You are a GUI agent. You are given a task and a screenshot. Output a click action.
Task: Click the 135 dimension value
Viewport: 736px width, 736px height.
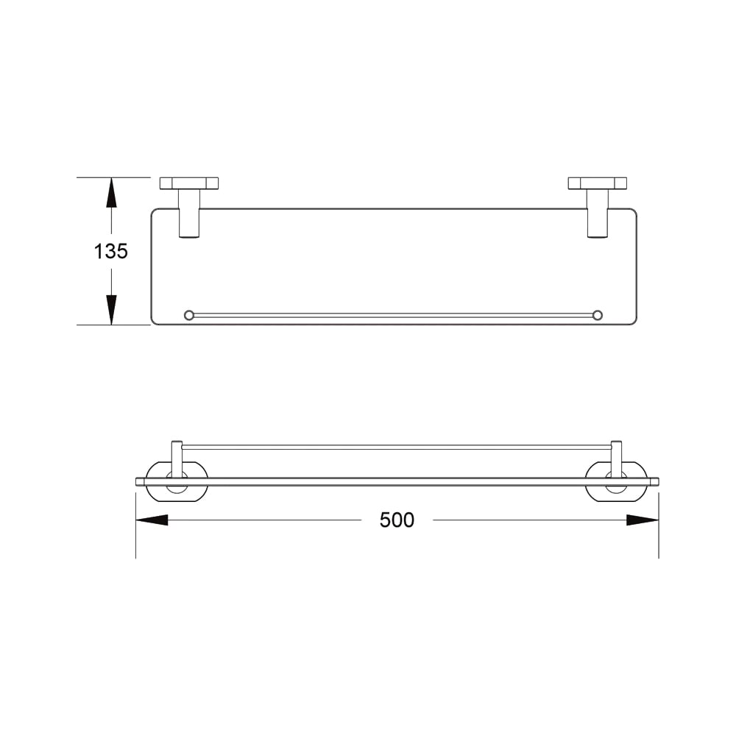click(111, 251)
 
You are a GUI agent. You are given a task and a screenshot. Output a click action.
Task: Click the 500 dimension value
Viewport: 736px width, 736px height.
click(397, 520)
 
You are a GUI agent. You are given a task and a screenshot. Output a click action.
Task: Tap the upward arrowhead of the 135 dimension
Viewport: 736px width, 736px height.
click(111, 192)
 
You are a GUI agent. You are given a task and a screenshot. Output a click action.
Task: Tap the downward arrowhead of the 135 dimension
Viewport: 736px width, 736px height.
click(111, 310)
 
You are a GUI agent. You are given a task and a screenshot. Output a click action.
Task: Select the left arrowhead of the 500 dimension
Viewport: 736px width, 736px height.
click(152, 520)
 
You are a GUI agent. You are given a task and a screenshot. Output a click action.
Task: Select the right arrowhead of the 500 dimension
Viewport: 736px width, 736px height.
click(643, 520)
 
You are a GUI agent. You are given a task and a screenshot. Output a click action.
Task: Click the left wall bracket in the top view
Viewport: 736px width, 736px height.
click(188, 183)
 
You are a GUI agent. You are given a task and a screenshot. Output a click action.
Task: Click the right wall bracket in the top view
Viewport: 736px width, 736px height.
click(597, 183)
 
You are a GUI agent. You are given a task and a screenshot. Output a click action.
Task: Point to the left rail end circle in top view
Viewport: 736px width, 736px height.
click(188, 315)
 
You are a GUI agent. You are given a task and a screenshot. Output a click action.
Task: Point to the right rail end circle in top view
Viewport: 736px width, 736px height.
click(597, 315)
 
